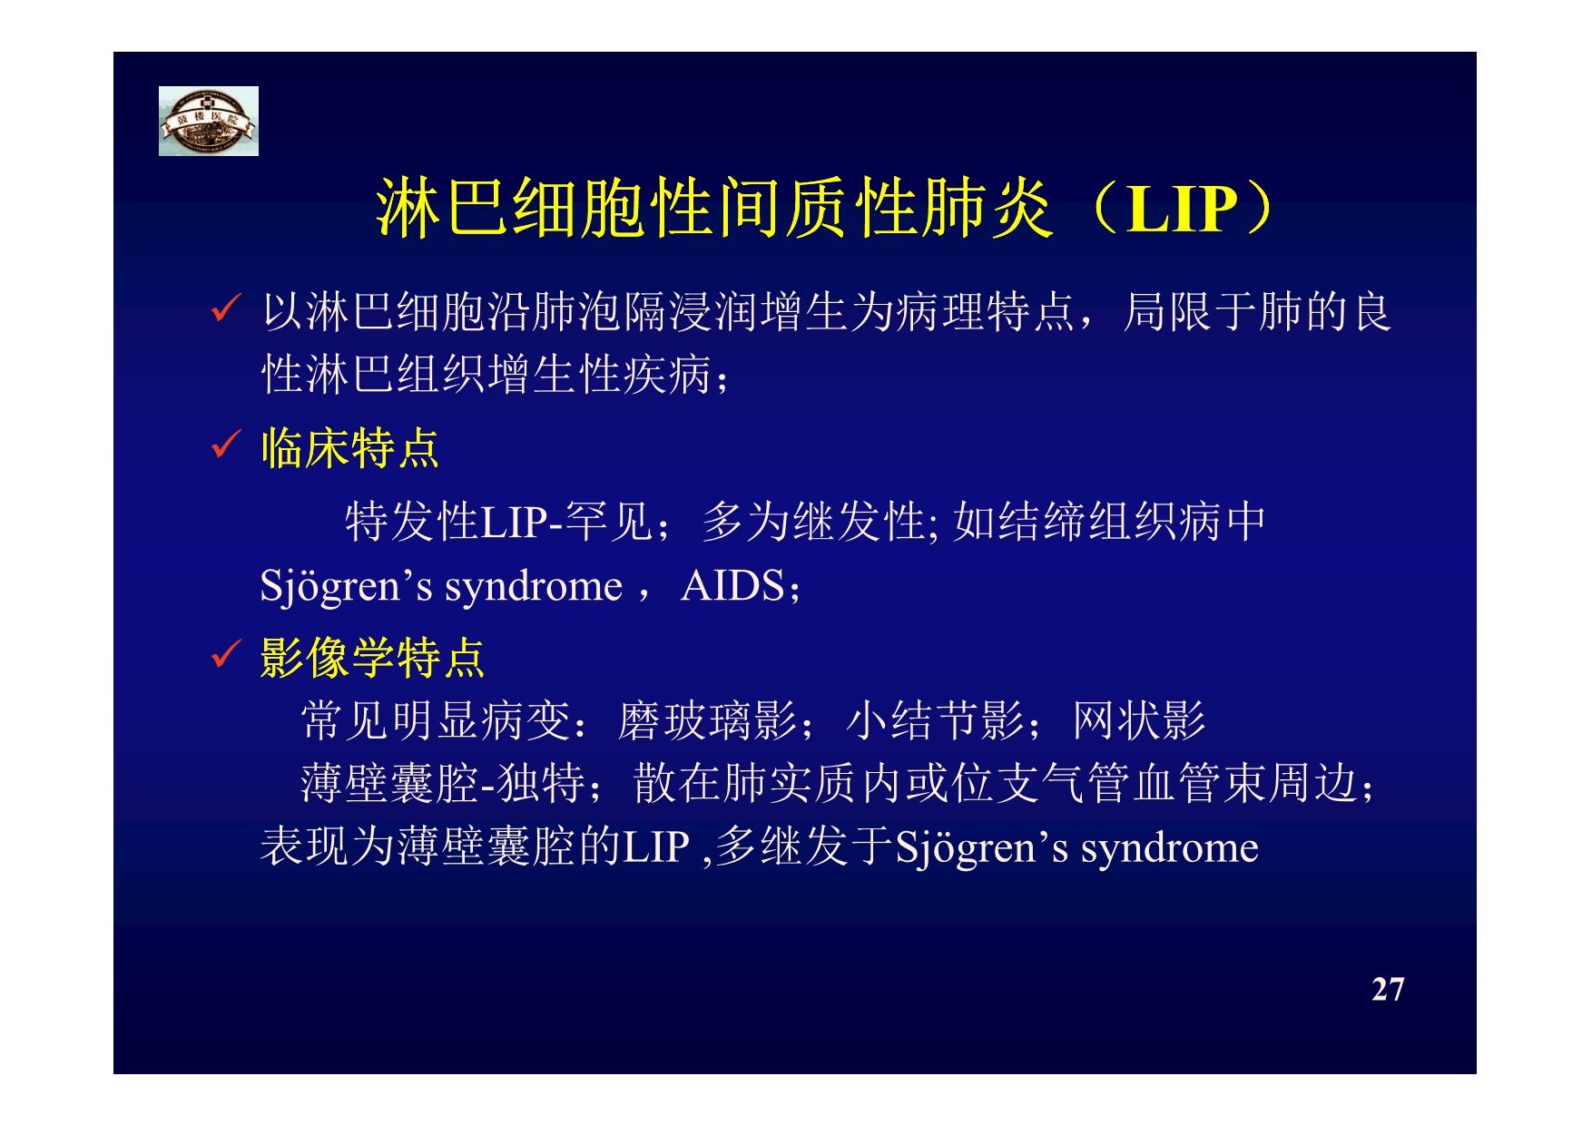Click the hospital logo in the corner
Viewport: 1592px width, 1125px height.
tap(209, 121)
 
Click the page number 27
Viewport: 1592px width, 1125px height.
tap(1388, 989)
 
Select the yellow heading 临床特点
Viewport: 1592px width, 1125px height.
tap(349, 448)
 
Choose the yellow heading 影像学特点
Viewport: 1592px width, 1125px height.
tap(372, 658)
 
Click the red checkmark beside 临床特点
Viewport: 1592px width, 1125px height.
tap(225, 445)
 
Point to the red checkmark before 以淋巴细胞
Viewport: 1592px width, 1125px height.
tap(225, 308)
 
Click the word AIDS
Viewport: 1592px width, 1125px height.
tap(732, 586)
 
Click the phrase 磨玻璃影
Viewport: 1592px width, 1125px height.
tap(707, 721)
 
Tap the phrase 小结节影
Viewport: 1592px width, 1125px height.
tap(935, 721)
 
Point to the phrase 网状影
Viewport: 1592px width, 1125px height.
tap(1139, 721)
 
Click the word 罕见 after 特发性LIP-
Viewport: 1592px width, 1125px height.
tap(608, 522)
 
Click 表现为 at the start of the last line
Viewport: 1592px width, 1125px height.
tap(328, 847)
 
